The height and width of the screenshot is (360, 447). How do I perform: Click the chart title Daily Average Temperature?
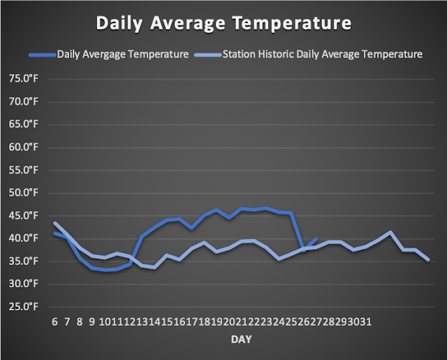pyautogui.click(x=223, y=23)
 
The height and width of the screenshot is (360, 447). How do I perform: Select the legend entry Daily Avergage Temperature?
pyautogui.click(x=123, y=55)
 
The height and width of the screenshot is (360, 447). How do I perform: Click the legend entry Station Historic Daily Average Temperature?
pyautogui.click(x=323, y=55)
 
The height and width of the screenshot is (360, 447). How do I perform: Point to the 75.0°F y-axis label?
pyautogui.click(x=23, y=78)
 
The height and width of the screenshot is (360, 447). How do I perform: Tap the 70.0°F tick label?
pyautogui.click(x=23, y=101)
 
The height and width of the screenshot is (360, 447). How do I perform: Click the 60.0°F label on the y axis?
pyautogui.click(x=23, y=147)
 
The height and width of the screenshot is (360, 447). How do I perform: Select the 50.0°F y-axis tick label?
pyautogui.click(x=23, y=193)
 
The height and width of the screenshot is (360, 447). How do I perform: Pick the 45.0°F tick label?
pyautogui.click(x=23, y=216)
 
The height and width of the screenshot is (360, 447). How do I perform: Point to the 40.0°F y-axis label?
pyautogui.click(x=23, y=238)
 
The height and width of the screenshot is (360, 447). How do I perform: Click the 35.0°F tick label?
pyautogui.click(x=23, y=261)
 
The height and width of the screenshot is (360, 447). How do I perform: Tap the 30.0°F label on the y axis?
pyautogui.click(x=23, y=284)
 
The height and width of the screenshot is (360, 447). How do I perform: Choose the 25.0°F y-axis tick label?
pyautogui.click(x=23, y=307)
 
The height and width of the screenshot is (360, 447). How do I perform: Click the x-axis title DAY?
pyautogui.click(x=242, y=340)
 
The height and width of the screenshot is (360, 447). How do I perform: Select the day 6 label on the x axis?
pyautogui.click(x=54, y=322)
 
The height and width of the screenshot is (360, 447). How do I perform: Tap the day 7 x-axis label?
pyautogui.click(x=67, y=322)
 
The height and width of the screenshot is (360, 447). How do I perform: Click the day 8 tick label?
pyautogui.click(x=79, y=322)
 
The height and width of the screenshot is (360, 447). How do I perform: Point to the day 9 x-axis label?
pyautogui.click(x=91, y=322)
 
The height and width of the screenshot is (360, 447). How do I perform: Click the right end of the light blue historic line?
pyautogui.click(x=428, y=259)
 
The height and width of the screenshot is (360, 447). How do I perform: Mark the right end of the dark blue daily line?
pyautogui.click(x=316, y=239)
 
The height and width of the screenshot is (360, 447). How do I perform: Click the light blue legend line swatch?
pyautogui.click(x=208, y=55)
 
